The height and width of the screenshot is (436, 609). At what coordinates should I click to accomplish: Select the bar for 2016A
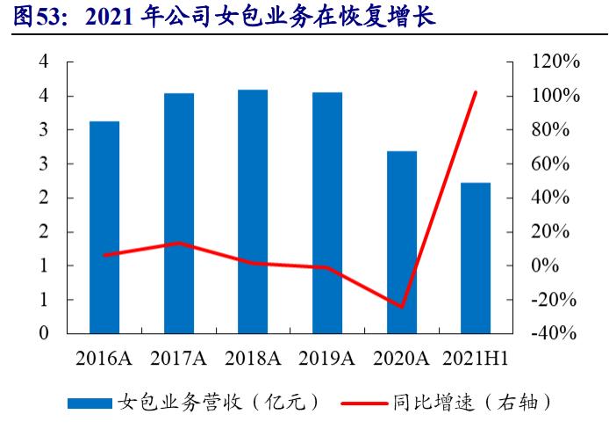tap(104, 228)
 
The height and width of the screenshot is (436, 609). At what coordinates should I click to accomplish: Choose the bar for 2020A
tap(402, 243)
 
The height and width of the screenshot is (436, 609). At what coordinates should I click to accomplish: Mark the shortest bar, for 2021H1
tap(476, 258)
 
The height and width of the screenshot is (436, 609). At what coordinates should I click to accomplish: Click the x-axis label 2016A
tap(104, 359)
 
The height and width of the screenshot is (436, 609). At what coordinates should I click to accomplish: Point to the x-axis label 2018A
tap(253, 359)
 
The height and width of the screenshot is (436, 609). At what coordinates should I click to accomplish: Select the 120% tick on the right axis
tap(556, 62)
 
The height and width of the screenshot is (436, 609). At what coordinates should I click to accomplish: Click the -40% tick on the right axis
tap(556, 334)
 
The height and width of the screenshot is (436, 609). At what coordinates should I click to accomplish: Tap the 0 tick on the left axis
tap(43, 334)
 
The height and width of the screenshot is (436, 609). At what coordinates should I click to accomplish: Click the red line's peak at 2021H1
tap(476, 91)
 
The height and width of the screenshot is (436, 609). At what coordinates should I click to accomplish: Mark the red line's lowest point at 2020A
tap(402, 307)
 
